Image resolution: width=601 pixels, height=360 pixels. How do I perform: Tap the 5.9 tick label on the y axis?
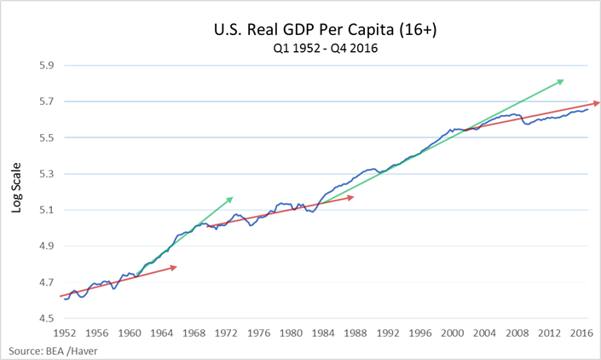42,66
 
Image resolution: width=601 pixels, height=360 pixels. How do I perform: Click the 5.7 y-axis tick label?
42,102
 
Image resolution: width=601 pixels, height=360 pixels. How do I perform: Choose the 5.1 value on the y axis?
42,210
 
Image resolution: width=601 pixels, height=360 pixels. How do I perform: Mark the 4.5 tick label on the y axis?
42,319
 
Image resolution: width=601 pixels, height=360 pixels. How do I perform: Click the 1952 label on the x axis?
66,333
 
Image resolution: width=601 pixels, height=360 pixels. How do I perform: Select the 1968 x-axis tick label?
194,333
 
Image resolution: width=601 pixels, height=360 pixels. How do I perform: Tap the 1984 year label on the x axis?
324,333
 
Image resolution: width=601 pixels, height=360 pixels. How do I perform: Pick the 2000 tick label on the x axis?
453,333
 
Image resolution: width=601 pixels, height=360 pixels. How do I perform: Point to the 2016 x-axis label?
581,333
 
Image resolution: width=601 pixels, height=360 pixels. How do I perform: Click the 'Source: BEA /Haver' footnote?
49,351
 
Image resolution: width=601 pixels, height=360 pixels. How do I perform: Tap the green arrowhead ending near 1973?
229,200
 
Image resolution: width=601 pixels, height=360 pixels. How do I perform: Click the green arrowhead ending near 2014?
561,81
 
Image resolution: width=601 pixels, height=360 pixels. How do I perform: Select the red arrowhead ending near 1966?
174,268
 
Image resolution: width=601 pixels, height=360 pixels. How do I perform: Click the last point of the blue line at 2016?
587,109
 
